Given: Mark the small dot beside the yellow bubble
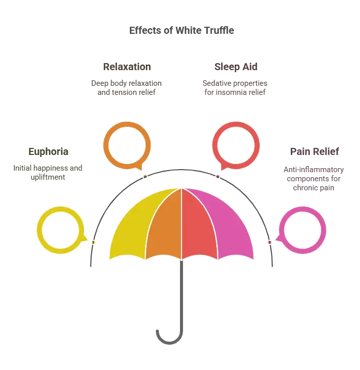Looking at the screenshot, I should pos(93,242).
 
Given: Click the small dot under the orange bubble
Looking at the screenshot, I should pos(145,177).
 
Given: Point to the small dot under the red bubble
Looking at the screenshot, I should pos(217,177).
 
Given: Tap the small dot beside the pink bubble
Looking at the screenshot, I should pos(270,242).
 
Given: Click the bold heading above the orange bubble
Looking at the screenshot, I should pos(127,67).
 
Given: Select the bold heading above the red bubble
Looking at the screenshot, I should pos(236,67).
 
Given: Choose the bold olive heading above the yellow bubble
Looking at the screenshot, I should pos(48,152).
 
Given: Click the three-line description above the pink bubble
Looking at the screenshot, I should pos(314,179).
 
